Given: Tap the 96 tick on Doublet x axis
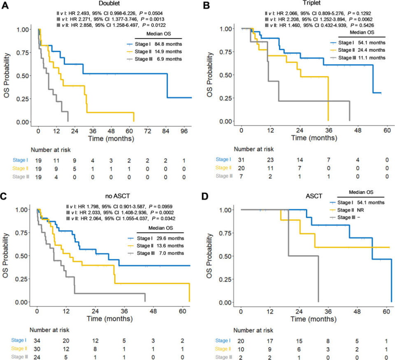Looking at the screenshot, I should click(x=184, y=130).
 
